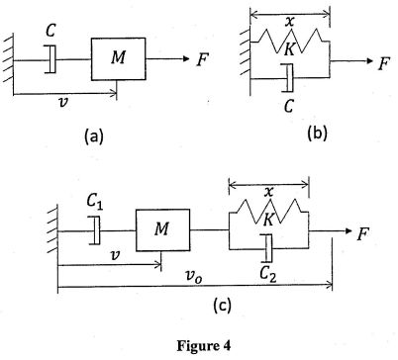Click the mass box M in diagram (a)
click(x=119, y=60)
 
